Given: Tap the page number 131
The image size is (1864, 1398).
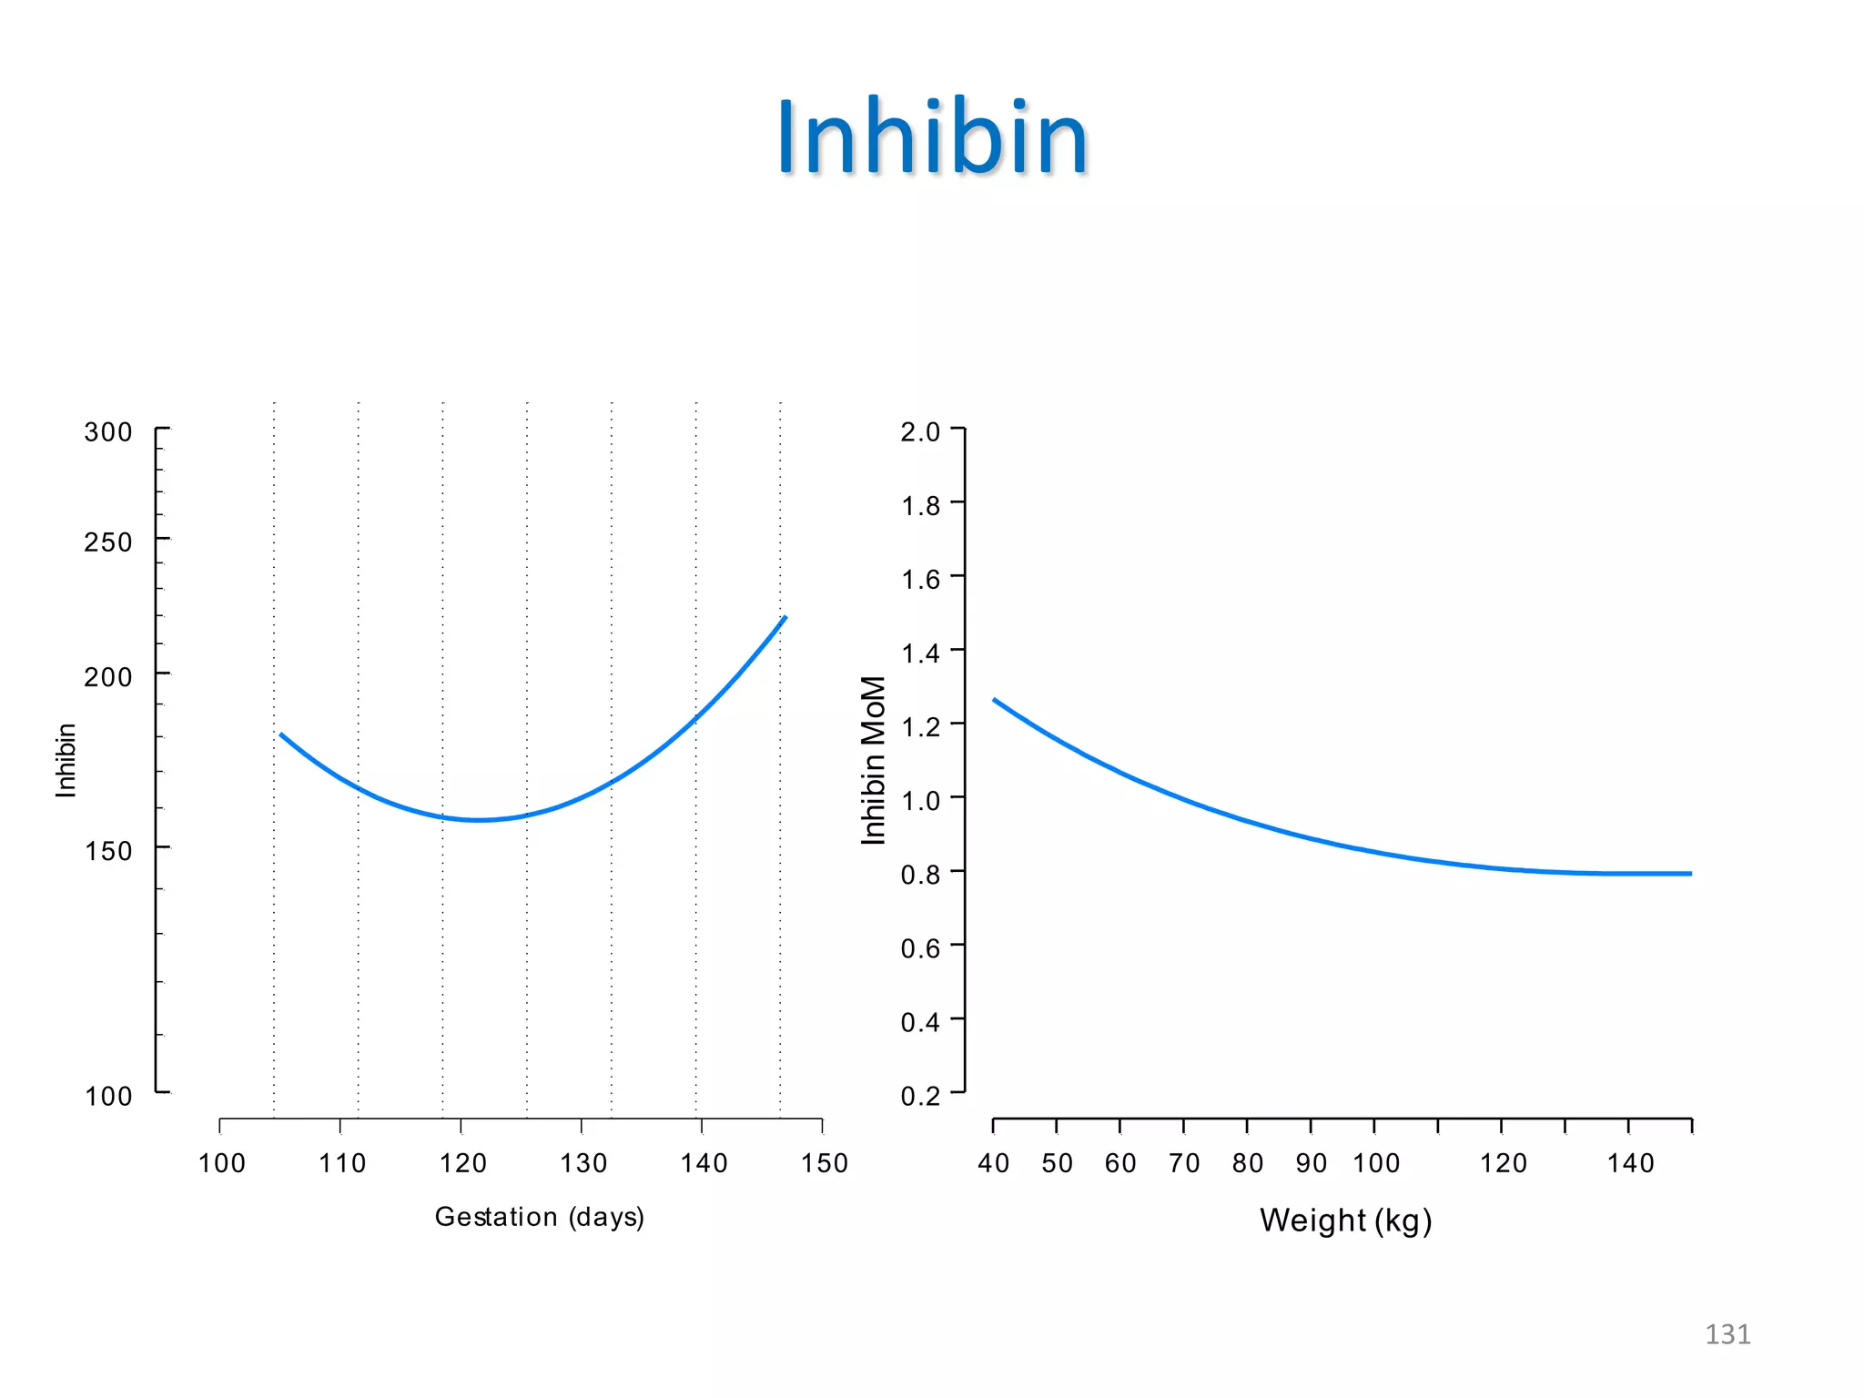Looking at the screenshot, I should pos(1727,1334).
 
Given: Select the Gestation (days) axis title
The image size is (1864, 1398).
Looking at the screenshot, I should pos(539,1217).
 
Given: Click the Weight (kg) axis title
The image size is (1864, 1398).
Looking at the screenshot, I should pos(1345,1220).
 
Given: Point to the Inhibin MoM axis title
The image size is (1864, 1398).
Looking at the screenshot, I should pos(873,760).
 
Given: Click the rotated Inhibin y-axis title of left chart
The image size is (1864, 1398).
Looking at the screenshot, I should pos(66,760).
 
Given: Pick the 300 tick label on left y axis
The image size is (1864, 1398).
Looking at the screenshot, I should pos(108,432).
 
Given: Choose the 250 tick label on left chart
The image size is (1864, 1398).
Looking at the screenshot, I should pos(108,542).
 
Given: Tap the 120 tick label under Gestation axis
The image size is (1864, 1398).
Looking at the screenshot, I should pos(462,1163).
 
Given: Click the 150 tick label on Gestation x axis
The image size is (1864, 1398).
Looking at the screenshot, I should pos(824,1163).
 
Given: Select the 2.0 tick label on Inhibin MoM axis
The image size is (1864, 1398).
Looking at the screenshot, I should pos(920,431).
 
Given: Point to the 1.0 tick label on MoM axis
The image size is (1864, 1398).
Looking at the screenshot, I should pos(920,801).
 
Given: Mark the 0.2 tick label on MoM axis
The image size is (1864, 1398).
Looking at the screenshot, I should pos(920,1096).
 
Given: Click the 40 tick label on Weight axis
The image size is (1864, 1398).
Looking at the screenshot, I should pos(993,1163).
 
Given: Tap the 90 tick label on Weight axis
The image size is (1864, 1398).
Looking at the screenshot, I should pos(1311,1163).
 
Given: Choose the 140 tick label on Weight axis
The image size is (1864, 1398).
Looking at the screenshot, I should pos(1630,1163).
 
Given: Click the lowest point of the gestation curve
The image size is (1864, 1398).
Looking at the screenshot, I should pos(479,820).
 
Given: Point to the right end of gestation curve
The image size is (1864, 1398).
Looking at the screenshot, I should pos(785,618).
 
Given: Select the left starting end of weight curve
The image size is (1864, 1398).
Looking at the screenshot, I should pos(995,700).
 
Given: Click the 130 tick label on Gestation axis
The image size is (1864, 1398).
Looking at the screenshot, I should pos(582,1163).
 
